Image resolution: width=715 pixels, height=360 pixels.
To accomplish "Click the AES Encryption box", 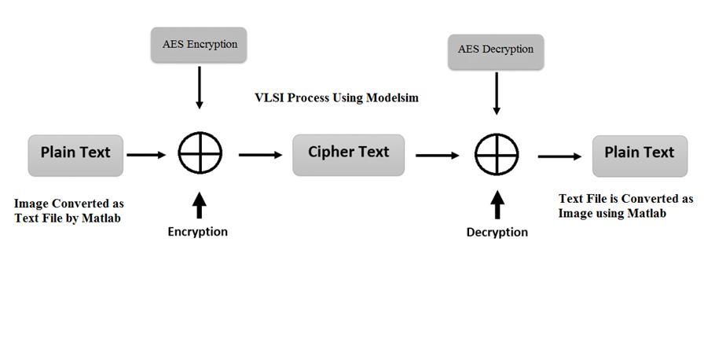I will [x=199, y=45].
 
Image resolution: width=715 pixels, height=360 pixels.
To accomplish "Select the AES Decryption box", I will [x=496, y=50].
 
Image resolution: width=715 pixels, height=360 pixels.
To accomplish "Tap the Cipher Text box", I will [x=348, y=153].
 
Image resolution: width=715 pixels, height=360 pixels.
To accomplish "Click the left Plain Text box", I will [x=75, y=153].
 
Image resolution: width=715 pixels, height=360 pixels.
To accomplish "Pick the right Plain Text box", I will [x=639, y=154].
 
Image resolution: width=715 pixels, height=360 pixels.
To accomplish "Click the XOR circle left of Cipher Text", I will [x=200, y=153].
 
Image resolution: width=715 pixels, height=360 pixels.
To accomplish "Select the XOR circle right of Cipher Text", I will [x=497, y=155].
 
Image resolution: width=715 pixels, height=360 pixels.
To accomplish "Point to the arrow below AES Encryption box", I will [x=200, y=87].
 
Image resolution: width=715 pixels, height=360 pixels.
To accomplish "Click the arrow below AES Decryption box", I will [x=497, y=93].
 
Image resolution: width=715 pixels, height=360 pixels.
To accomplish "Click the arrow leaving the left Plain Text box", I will [x=147, y=155].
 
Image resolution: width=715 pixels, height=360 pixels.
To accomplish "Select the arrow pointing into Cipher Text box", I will [x=260, y=155].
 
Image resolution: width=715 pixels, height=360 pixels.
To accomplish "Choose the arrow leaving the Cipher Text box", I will [x=438, y=156].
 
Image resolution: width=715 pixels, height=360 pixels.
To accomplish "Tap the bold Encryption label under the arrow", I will [x=197, y=232].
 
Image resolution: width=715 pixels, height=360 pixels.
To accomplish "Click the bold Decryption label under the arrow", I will [x=497, y=233].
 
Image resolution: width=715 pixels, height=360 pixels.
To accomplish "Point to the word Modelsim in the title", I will [x=392, y=98].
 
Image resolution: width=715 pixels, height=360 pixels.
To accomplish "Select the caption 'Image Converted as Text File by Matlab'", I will [x=68, y=211].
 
